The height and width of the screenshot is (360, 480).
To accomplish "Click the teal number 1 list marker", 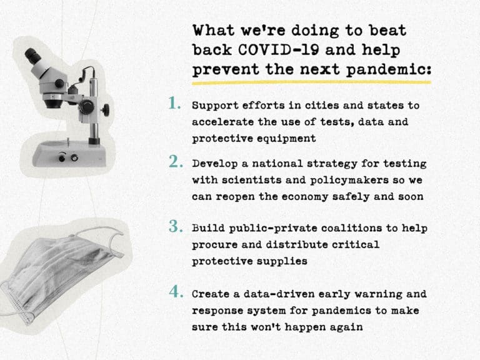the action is (174, 103).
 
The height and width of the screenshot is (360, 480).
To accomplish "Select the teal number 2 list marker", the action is (176, 161).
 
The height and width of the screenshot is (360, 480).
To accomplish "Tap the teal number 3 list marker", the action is (176, 226).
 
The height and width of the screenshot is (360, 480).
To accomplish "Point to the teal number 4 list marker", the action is (176, 291).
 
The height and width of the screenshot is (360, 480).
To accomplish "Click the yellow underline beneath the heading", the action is (312, 82).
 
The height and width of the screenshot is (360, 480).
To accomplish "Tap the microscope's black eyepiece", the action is (33, 56).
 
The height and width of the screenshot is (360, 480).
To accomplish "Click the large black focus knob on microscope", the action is (87, 107).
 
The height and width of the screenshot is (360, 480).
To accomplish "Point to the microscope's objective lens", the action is (52, 102).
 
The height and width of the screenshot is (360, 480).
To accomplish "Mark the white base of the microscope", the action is (69, 154).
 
